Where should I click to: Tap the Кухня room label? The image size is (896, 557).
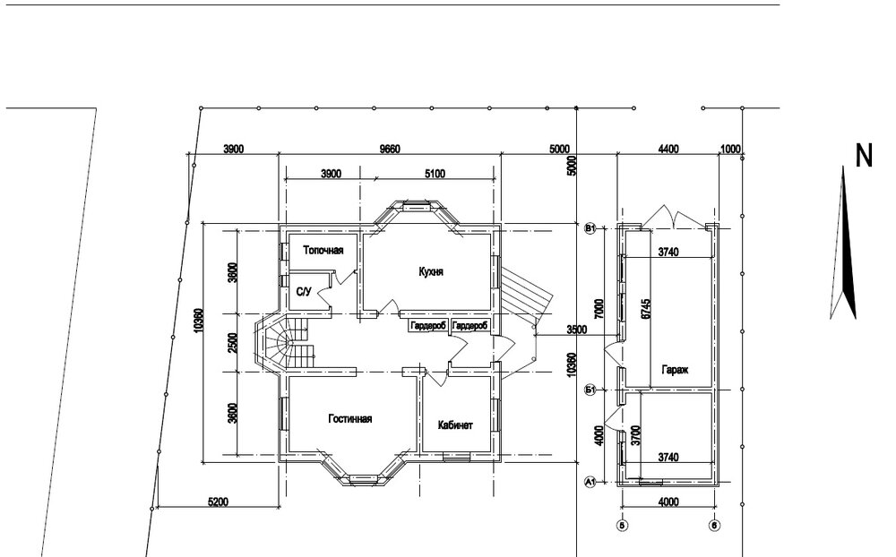click(x=431, y=270)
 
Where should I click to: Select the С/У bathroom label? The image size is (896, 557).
click(x=304, y=292)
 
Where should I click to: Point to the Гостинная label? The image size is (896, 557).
click(x=349, y=419)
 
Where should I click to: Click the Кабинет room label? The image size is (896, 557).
click(x=455, y=425)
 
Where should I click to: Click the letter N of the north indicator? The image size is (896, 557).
click(x=864, y=156)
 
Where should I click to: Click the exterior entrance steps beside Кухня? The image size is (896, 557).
click(x=520, y=292)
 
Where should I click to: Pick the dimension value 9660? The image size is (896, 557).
click(x=387, y=149)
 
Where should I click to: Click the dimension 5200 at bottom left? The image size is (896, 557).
click(x=217, y=502)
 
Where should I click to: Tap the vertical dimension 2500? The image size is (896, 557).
click(x=233, y=342)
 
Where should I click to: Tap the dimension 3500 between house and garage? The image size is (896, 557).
click(x=576, y=330)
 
